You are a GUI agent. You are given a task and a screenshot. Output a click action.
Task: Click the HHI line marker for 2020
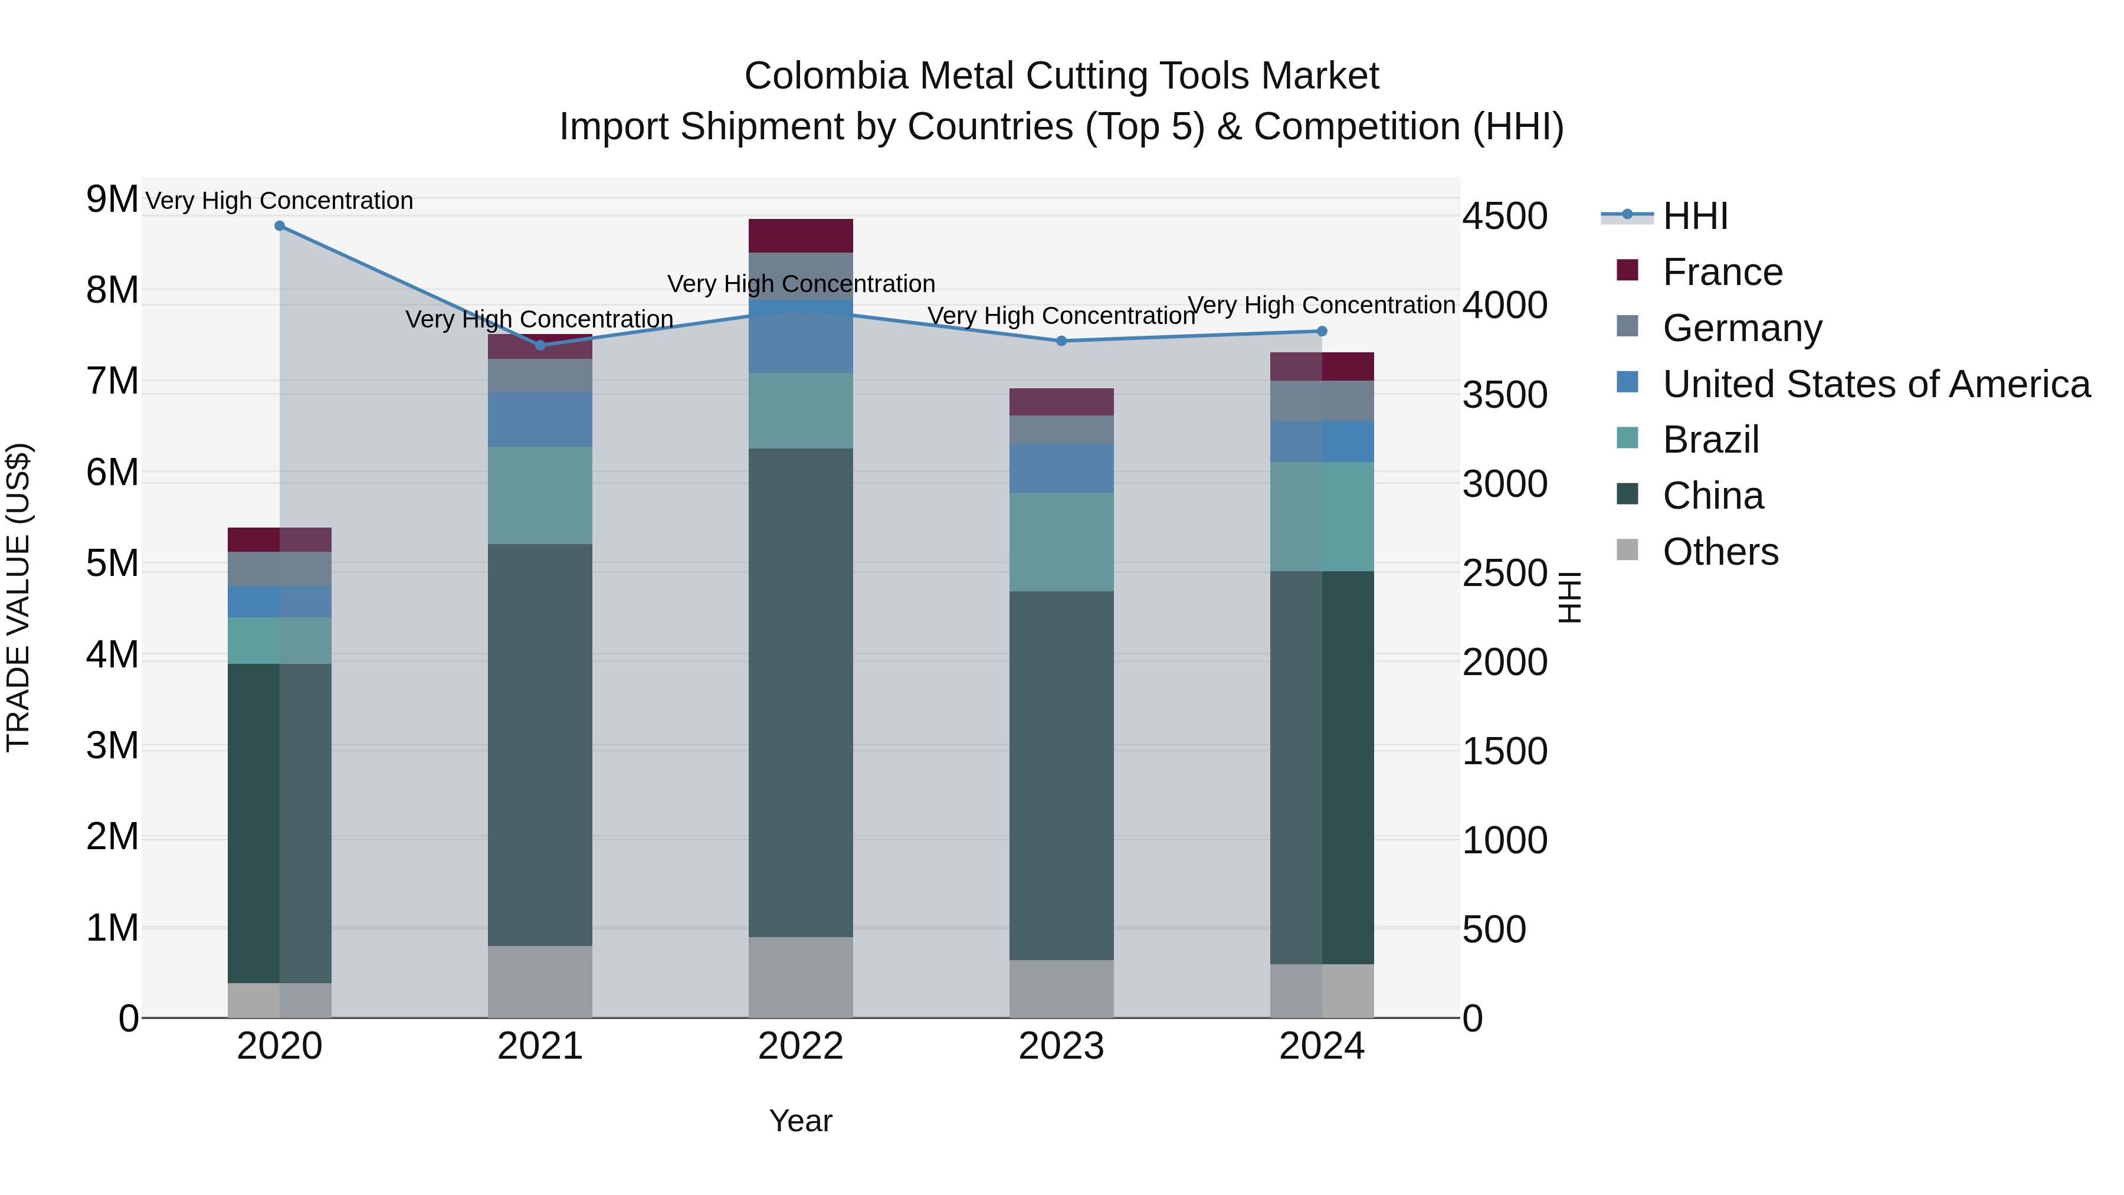[x=280, y=226]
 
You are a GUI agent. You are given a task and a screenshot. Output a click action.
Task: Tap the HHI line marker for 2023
[x=1061, y=341]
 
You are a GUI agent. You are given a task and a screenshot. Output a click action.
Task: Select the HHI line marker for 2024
[x=1322, y=330]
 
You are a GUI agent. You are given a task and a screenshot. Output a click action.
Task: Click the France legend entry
[x=1722, y=272]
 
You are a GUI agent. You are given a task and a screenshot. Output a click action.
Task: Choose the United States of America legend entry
[x=1876, y=384]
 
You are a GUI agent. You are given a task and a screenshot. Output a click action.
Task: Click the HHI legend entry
[x=1694, y=216]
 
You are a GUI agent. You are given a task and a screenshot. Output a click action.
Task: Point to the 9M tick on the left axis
[x=112, y=199]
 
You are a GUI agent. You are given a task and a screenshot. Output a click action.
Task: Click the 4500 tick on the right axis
[x=1504, y=216]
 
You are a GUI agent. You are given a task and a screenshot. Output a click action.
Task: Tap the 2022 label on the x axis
[x=801, y=1046]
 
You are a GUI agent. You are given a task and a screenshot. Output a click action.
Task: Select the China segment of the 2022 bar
[x=801, y=693]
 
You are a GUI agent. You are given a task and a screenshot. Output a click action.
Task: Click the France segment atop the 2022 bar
[x=801, y=236]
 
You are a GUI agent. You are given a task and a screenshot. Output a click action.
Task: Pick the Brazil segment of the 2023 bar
[x=1061, y=542]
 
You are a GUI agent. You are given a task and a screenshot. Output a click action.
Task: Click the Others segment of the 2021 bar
[x=540, y=981]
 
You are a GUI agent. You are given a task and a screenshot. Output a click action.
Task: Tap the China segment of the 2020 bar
[x=280, y=823]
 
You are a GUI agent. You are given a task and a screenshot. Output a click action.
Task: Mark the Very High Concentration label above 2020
[x=280, y=201]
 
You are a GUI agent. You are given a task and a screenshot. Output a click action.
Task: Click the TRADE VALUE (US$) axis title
[x=18, y=597]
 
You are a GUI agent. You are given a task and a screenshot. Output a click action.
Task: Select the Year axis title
[x=801, y=1121]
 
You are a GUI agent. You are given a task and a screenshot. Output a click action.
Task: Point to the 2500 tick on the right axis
[x=1504, y=573]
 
